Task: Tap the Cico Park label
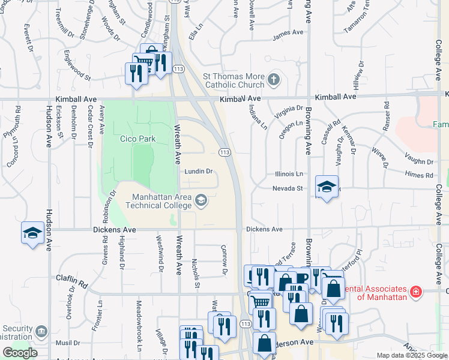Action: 137,139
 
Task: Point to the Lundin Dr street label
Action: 199,171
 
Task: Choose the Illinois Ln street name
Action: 289,174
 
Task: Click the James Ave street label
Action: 286,37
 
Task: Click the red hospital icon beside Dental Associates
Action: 416,292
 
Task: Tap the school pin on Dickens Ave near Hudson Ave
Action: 32,233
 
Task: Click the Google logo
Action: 20,353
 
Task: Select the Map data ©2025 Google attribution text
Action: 412,355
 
